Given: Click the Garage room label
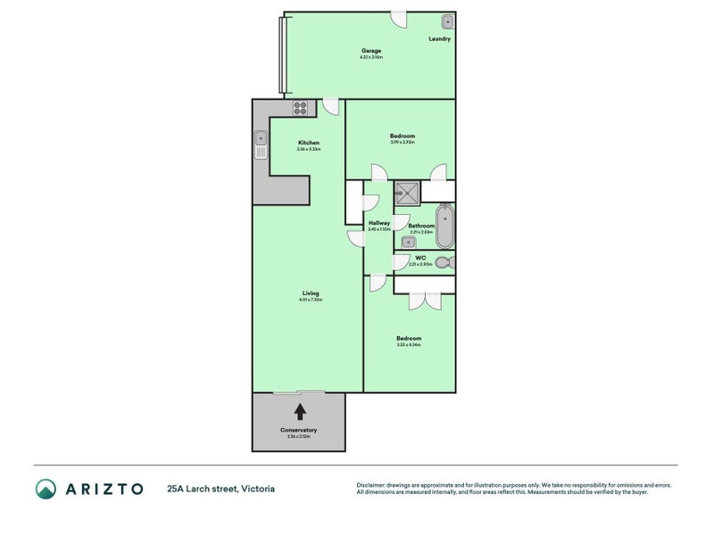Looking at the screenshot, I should tap(371, 51).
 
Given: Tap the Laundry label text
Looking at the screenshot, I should tap(439, 39).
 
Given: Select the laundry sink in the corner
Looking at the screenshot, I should tap(447, 21).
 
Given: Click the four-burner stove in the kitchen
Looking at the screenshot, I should tap(301, 109).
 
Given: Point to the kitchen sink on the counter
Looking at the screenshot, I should tap(261, 139).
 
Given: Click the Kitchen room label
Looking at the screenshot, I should tap(309, 143).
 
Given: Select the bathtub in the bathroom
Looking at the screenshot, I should tap(444, 226).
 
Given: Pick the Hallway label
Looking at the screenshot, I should tap(379, 223).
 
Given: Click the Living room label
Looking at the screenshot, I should tap(311, 293).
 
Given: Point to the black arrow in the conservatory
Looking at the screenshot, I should tap(300, 411).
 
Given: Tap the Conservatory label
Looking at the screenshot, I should tap(299, 430).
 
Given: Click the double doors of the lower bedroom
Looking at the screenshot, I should tap(425, 300).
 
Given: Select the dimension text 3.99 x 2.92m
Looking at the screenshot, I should tap(403, 143).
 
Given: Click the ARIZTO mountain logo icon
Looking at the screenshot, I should tap(46, 488).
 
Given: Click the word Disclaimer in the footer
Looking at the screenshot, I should tap(372, 485).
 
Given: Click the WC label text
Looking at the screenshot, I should tap(420, 258).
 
